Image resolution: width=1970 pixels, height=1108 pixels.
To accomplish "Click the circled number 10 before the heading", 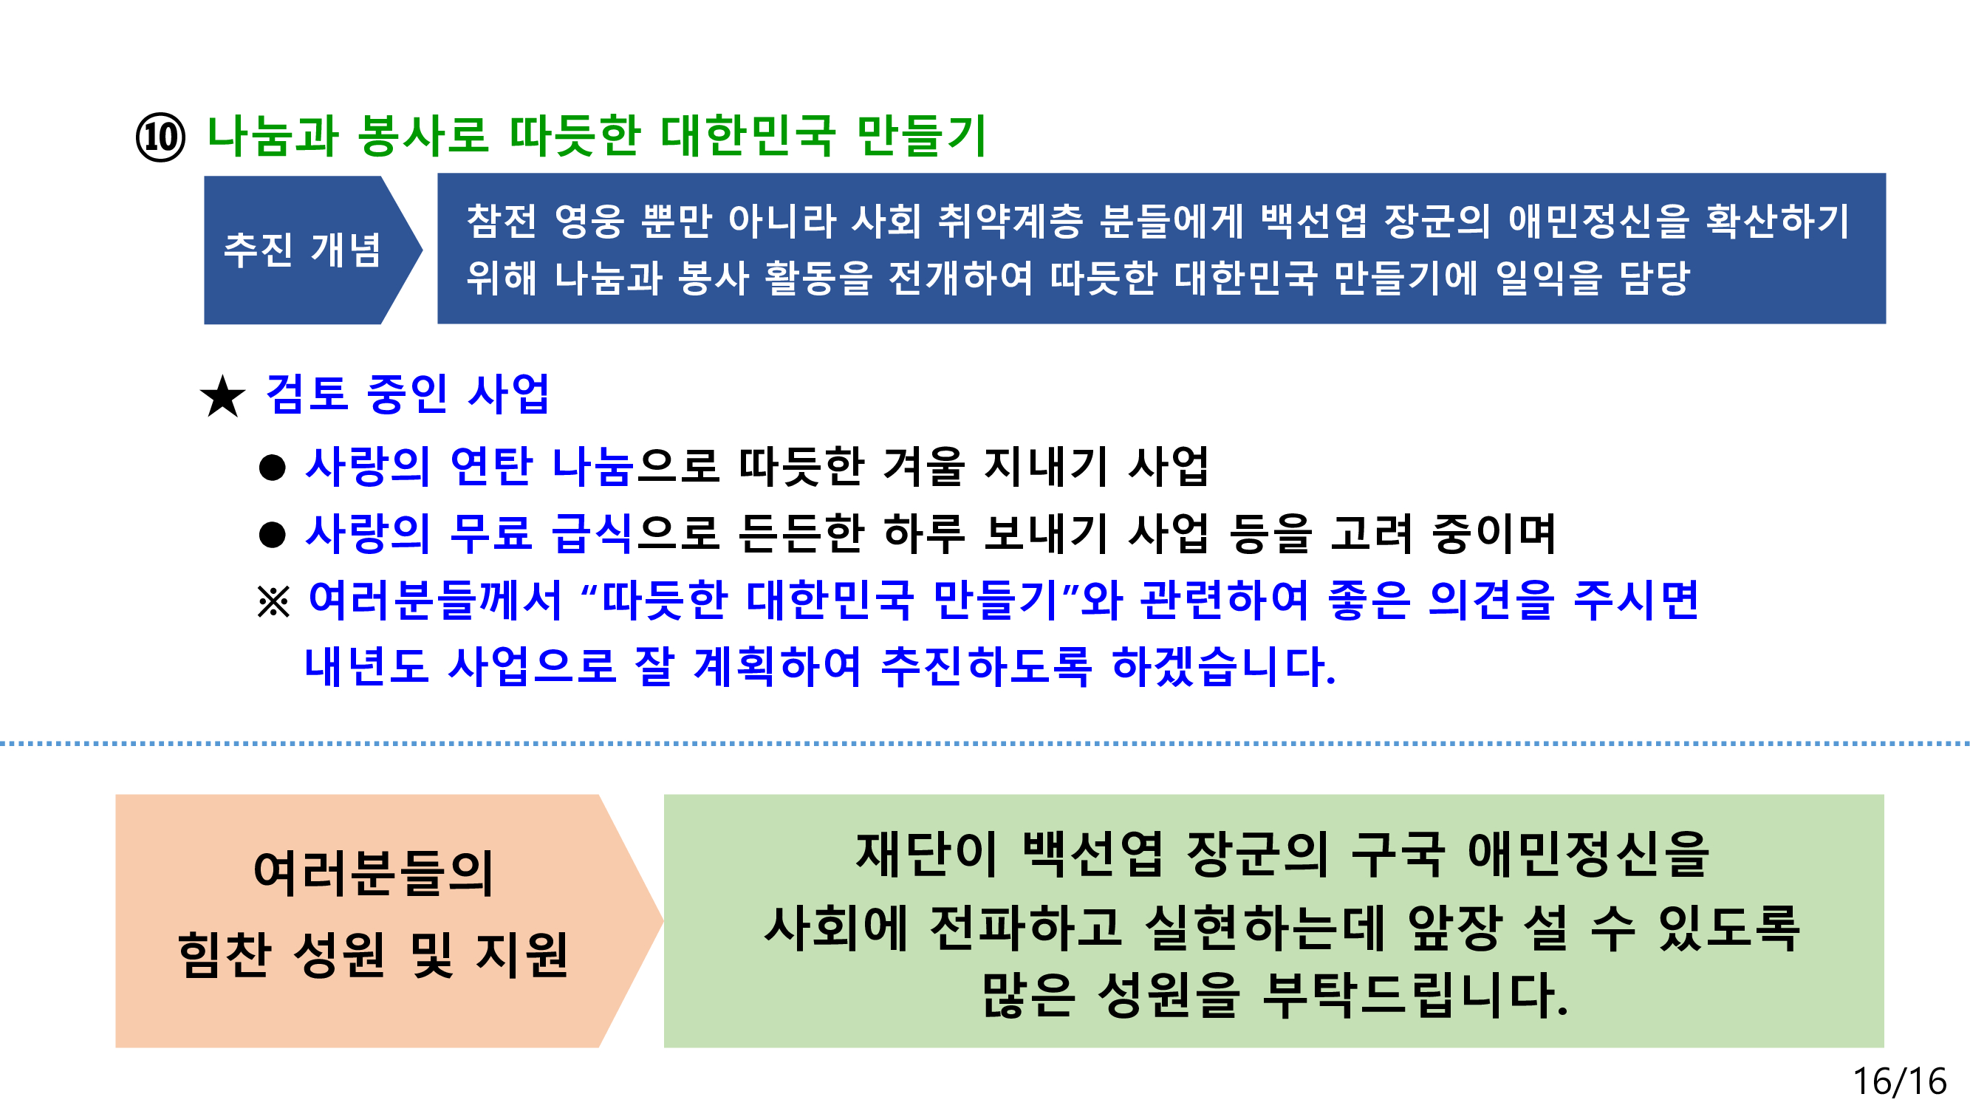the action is coord(160,137).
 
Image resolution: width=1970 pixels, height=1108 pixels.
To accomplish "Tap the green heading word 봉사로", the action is coord(423,136).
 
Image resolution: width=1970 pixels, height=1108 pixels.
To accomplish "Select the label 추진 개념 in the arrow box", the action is coord(302,250).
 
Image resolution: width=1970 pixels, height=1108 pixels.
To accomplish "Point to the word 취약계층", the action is coord(1011,220).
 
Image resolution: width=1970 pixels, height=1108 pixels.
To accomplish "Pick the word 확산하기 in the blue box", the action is coord(1777,220).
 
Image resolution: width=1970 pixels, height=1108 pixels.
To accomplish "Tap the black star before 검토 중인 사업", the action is coord(222,397).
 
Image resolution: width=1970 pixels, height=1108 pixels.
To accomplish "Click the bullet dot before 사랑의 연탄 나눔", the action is coord(273,468).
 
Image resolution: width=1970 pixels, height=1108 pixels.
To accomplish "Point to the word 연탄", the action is coord(491,465).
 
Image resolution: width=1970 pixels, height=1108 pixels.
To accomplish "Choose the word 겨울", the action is coord(924,465).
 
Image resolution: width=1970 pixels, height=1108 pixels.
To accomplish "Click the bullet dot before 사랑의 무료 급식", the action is coord(273,535).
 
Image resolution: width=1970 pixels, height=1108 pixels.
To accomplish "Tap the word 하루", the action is coord(924,533).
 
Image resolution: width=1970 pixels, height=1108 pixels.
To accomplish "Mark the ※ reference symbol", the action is coord(274,601).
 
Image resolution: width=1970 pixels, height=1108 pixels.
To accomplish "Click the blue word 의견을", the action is coord(1491,600).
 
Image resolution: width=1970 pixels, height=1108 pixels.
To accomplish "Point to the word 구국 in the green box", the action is coord(1398,854).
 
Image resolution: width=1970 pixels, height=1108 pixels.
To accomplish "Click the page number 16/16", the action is coord(1900,1081).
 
